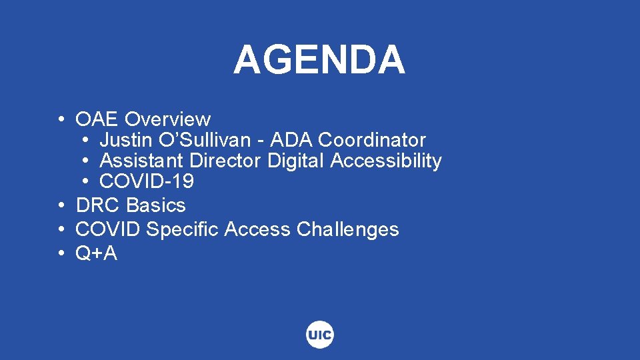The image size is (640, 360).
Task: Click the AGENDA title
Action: (x=319, y=60)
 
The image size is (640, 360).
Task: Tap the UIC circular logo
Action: (x=320, y=335)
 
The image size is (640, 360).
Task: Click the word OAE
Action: (x=97, y=119)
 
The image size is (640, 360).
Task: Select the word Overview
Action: (x=167, y=119)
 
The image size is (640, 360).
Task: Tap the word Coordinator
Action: (x=372, y=140)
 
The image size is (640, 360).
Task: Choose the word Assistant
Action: (x=142, y=161)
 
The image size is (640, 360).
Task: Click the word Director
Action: (x=226, y=161)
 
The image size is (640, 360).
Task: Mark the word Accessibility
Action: (x=386, y=161)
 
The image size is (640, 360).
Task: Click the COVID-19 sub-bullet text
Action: (x=147, y=181)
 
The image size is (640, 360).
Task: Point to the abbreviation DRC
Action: (x=98, y=205)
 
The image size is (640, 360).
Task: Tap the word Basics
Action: (x=156, y=205)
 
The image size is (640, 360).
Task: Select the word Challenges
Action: (x=347, y=229)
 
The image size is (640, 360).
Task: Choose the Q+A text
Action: (x=96, y=253)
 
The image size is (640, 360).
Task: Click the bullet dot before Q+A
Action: (x=61, y=253)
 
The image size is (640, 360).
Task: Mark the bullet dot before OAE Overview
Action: (x=61, y=119)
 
